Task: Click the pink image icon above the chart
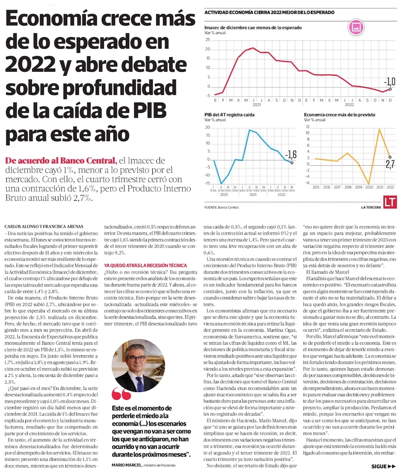tap(356, 27)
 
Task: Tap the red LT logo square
tap(388, 203)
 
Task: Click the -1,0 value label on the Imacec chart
tap(389, 82)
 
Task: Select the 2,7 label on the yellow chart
tap(390, 164)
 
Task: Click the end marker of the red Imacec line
tap(390, 89)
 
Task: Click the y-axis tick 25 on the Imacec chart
tap(208, 40)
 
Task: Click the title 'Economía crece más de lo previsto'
tap(339, 115)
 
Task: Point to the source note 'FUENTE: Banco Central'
tap(221, 207)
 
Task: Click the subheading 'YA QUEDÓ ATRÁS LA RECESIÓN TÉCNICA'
tap(145, 265)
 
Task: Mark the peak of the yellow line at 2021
tap(379, 129)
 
